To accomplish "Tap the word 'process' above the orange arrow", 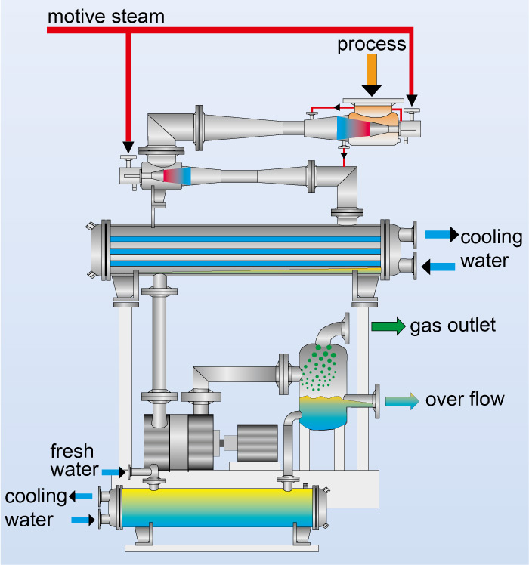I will click(371, 45).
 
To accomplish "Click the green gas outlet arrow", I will click(388, 326).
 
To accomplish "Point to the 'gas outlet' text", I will click(453, 326).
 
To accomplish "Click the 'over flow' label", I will click(464, 399).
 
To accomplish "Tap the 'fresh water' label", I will click(73, 461).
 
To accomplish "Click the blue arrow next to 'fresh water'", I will click(111, 472).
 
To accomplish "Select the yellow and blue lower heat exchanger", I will click(215, 508).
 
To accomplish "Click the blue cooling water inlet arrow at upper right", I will click(438, 266).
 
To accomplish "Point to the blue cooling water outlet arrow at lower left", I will click(82, 496).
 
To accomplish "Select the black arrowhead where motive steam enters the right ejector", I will click(412, 100).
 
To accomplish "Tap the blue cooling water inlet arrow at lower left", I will click(83, 520).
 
